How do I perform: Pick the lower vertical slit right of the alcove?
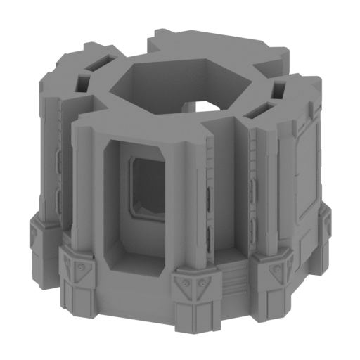pos(209,236)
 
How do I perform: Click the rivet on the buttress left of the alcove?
pos(84,267)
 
